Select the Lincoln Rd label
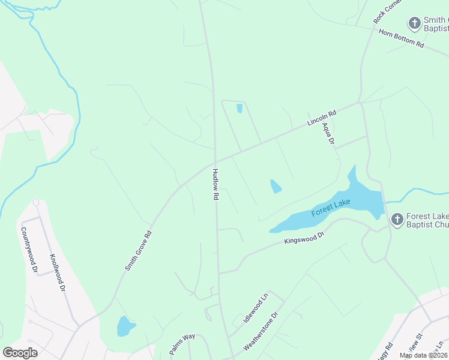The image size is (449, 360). coord(321,117)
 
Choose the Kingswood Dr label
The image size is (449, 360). coord(304,238)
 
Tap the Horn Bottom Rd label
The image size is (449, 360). coord(401,37)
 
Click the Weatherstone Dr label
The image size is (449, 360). coord(261,331)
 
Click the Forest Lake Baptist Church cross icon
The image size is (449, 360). coord(397,220)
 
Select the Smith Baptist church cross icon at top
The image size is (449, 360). coord(414,23)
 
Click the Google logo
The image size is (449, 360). coord(20,353)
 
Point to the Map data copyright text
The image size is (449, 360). coord(424,355)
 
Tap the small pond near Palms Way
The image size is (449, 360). coord(125,326)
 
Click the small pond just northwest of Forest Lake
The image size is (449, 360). coord(276,186)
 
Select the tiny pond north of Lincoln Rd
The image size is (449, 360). coord(240,109)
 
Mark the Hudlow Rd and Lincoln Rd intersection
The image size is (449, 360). coord(215,162)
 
